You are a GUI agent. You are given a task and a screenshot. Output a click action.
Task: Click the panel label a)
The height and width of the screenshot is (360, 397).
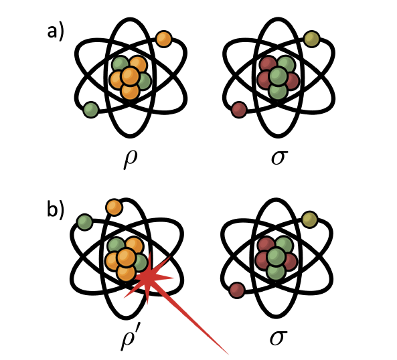pyautogui.click(x=56, y=33)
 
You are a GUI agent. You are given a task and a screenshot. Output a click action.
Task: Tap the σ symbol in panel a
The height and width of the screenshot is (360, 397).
pyautogui.click(x=280, y=157)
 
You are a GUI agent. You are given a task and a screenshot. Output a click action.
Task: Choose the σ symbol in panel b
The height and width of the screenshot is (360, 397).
pyautogui.click(x=279, y=338)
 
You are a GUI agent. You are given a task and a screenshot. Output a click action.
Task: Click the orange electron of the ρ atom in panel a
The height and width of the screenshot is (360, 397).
pyautogui.click(x=164, y=39)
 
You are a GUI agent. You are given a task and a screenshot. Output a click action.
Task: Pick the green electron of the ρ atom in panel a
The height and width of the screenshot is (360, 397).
pyautogui.click(x=91, y=110)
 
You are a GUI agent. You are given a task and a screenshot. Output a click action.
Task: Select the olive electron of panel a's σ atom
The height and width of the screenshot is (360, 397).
pyautogui.click(x=312, y=39)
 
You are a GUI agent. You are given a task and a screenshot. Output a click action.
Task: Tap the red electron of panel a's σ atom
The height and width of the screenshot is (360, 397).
pyautogui.click(x=239, y=110)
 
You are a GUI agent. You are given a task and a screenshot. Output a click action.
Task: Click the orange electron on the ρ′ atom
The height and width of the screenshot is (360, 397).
pyautogui.click(x=114, y=207)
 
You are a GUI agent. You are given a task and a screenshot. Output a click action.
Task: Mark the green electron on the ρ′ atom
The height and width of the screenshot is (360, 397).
pyautogui.click(x=85, y=222)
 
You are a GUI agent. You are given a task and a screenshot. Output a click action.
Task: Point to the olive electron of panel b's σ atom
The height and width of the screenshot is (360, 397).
pyautogui.click(x=310, y=219)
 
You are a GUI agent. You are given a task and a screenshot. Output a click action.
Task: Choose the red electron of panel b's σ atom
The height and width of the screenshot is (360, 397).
pyautogui.click(x=237, y=290)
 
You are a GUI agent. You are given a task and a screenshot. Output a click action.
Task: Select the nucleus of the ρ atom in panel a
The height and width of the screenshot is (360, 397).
pyautogui.click(x=130, y=78)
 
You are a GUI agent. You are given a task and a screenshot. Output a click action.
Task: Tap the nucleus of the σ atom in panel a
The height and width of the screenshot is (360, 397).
pyautogui.click(x=278, y=78)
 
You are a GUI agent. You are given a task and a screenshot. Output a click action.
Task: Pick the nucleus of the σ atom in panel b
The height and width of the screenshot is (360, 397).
pyautogui.click(x=276, y=258)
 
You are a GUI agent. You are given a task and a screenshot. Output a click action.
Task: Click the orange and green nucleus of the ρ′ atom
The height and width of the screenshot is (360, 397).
pyautogui.click(x=126, y=258)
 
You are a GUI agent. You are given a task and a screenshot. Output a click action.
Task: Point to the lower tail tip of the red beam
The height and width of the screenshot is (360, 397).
pyautogui.click(x=228, y=354)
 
